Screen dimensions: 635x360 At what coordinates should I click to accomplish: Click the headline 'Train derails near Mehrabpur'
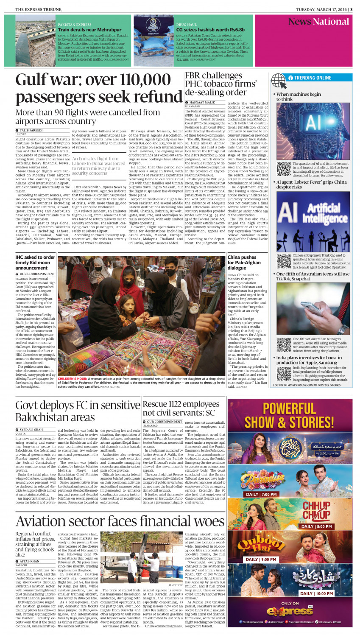click(x=89, y=30)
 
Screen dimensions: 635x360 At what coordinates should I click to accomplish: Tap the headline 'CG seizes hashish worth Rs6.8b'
click(x=210, y=30)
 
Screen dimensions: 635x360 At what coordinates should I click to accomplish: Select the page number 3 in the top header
click(x=351, y=9)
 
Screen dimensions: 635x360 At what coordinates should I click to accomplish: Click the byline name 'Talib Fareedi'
click(x=31, y=131)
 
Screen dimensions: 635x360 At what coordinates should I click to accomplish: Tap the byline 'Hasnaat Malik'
click(x=202, y=103)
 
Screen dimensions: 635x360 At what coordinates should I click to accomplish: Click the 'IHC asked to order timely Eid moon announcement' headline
click(x=35, y=263)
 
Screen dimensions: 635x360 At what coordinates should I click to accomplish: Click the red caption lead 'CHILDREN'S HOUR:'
click(x=73, y=378)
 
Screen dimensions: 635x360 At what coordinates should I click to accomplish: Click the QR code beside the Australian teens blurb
click(x=283, y=345)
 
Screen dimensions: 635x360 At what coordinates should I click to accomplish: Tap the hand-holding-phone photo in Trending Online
click(x=313, y=308)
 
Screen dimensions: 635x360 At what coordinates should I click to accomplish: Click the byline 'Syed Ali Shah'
click(x=31, y=430)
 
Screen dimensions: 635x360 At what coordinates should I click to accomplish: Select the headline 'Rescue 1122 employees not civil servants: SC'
click(x=181, y=408)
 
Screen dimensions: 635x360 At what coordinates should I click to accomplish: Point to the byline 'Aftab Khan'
click(x=29, y=561)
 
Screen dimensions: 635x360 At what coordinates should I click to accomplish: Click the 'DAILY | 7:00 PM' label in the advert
click(x=261, y=494)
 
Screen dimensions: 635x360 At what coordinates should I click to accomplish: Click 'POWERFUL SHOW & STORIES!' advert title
click(x=290, y=416)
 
